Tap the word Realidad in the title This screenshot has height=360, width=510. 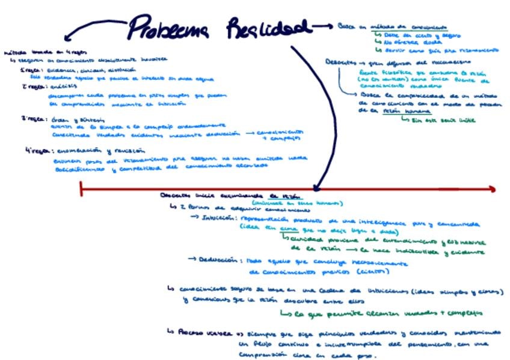click(269, 28)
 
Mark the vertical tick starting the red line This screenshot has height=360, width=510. click(81, 189)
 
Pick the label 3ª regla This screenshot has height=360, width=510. click(31, 119)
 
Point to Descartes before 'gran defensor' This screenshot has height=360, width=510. click(340, 62)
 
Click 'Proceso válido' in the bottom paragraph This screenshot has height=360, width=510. click(198, 332)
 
